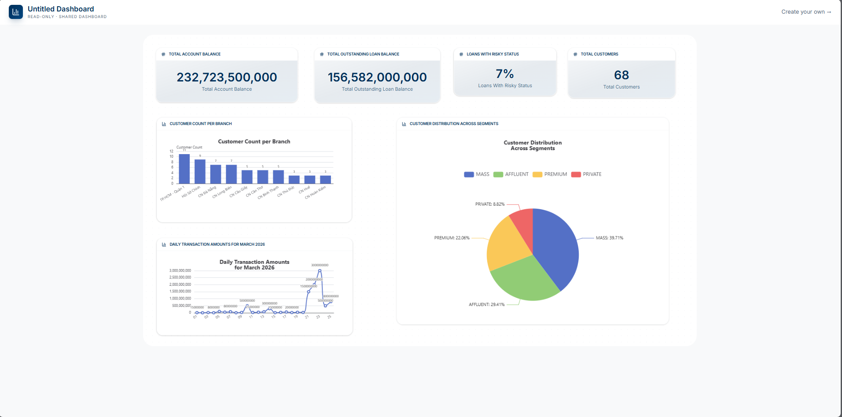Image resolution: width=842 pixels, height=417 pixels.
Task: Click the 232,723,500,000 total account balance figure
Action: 227,77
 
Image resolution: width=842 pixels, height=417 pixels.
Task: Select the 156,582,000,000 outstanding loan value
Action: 377,77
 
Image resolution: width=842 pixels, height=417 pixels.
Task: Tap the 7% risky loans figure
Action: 504,74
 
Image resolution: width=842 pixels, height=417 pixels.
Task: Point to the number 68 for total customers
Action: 621,75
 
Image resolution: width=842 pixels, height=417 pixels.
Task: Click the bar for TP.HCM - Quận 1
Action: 184,169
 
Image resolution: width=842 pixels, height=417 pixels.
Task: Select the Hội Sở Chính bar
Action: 200,172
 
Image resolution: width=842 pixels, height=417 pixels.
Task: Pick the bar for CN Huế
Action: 310,180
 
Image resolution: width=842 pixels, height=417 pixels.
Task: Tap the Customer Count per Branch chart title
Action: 254,142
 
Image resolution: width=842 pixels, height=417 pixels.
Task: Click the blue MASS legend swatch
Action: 469,174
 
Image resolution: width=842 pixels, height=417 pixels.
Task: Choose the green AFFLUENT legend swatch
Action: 498,174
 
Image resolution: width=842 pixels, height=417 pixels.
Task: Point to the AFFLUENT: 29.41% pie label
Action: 486,305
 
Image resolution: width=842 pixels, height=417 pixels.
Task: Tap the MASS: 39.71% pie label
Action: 609,238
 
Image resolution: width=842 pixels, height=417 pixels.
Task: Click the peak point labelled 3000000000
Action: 320,270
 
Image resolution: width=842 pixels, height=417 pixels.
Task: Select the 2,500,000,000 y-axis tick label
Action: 180,277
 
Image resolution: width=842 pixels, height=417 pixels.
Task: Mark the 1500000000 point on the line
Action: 309,292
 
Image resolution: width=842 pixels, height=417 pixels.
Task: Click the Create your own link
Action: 806,12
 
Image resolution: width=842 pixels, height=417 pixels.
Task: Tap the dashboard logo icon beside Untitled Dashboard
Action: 16,12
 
